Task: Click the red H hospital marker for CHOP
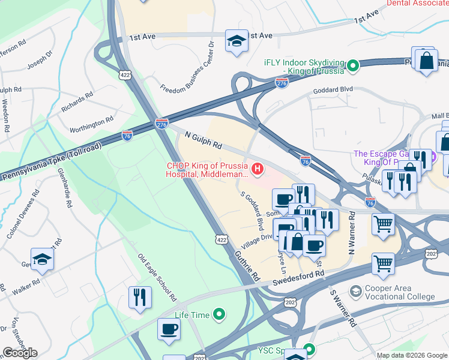pyautogui.click(x=258, y=170)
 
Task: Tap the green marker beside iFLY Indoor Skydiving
pyautogui.click(x=354, y=65)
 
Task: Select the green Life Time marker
pyautogui.click(x=219, y=314)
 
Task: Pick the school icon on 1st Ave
pyautogui.click(x=237, y=41)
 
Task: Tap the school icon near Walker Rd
pyautogui.click(x=42, y=259)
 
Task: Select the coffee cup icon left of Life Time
pyautogui.click(x=169, y=329)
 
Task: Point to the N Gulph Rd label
pyautogui.click(x=203, y=142)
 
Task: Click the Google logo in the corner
pyautogui.click(x=20, y=353)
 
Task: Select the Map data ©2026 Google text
pyautogui.click(x=412, y=355)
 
